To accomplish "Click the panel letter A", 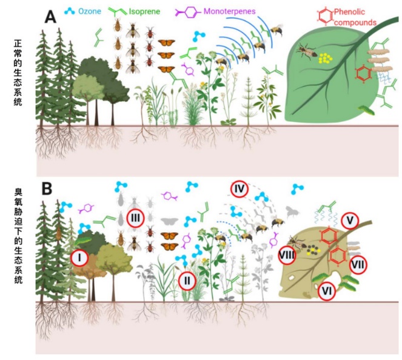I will (50, 16).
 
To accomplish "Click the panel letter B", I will (49, 188).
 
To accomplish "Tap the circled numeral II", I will (188, 279).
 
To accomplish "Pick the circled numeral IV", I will (239, 189).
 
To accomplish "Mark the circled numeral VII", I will (357, 264).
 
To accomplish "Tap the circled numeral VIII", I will (287, 256).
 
